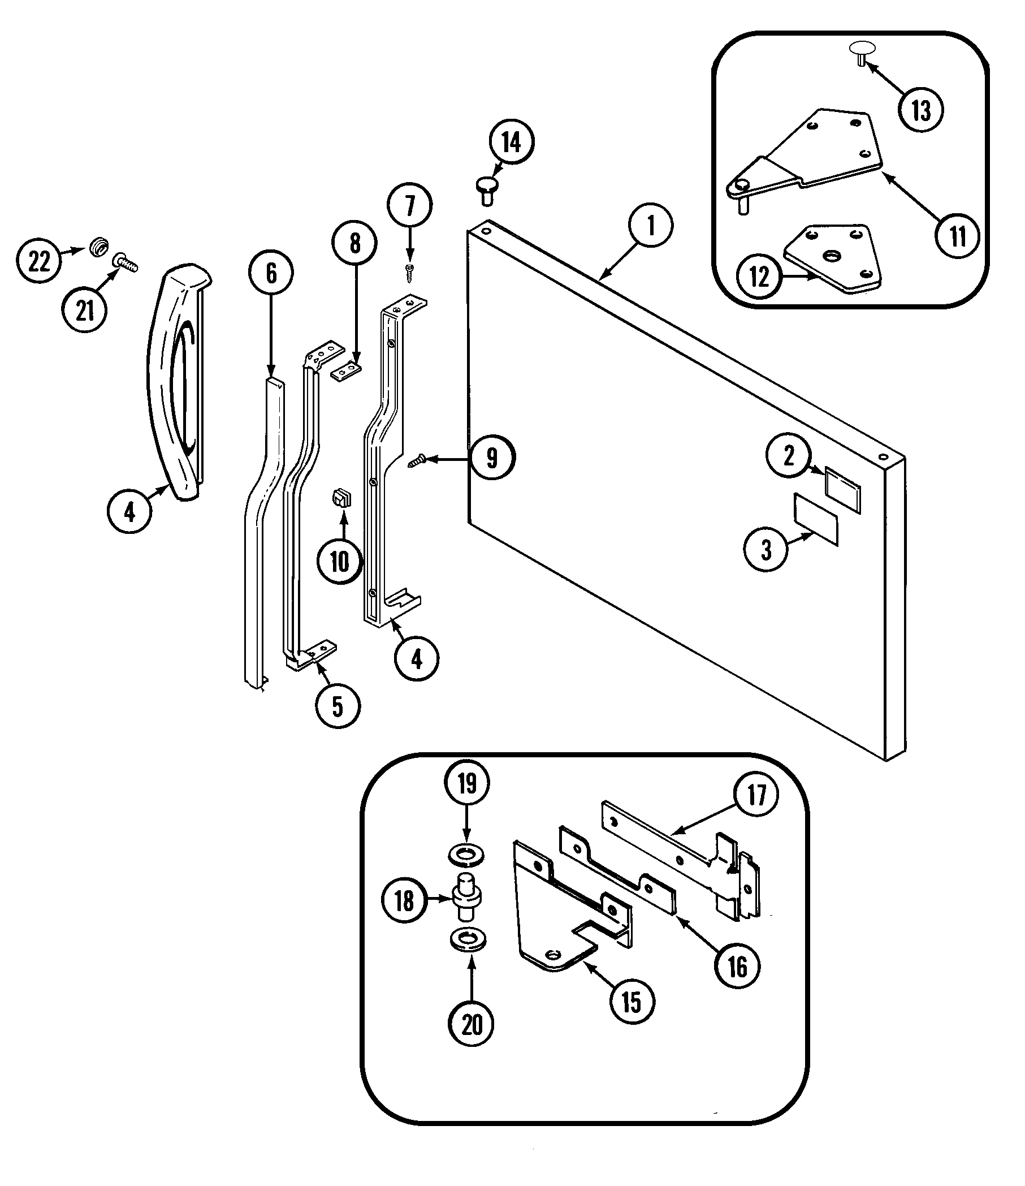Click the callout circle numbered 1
pyautogui.click(x=651, y=226)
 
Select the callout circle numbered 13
pyautogui.click(x=921, y=110)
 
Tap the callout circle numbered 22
pyautogui.click(x=39, y=262)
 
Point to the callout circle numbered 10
pyautogui.click(x=340, y=562)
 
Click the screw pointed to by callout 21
pyautogui.click(x=126, y=263)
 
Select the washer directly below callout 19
pyautogui.click(x=466, y=856)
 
